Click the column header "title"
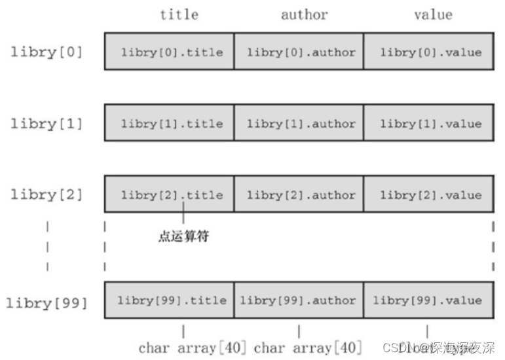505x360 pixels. pyautogui.click(x=179, y=14)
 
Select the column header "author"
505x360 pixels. pyautogui.click(x=304, y=14)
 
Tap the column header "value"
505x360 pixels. pyautogui.click(x=433, y=14)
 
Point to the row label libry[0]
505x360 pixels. pyautogui.click(x=47, y=52)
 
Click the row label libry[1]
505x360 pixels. pyautogui.click(x=47, y=123)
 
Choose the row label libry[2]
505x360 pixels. pyautogui.click(x=47, y=194)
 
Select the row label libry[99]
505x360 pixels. pyautogui.click(x=47, y=302)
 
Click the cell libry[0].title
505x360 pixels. pyautogui.click(x=169, y=52)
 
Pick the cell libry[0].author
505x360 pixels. pyautogui.click(x=299, y=52)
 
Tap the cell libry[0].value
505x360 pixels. pyautogui.click(x=428, y=52)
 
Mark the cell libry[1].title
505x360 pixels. pyautogui.click(x=169, y=123)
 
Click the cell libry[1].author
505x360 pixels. pyautogui.click(x=299, y=123)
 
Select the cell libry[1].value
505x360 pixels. pyautogui.click(x=428, y=123)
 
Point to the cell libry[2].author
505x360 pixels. pyautogui.click(x=299, y=194)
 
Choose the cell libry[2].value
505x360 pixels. pyautogui.click(x=428, y=194)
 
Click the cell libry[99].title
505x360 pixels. pyautogui.click(x=169, y=300)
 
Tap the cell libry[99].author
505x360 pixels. pyautogui.click(x=299, y=300)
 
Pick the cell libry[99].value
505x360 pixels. pyautogui.click(x=428, y=300)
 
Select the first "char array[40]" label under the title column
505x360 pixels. pyautogui.click(x=193, y=348)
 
